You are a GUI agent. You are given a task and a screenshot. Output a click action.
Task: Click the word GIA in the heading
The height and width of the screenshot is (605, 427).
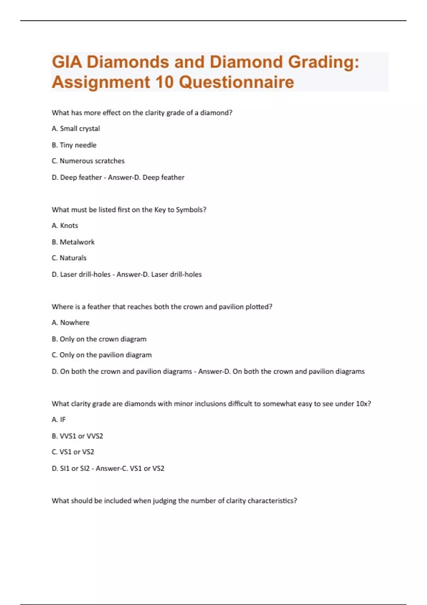[67, 62]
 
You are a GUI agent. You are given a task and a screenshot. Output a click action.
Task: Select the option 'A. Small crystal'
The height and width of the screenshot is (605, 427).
[76, 128]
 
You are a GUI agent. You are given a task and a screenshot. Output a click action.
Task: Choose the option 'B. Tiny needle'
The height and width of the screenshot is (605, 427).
[74, 145]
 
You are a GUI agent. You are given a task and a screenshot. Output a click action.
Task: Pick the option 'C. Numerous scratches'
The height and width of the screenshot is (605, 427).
[88, 161]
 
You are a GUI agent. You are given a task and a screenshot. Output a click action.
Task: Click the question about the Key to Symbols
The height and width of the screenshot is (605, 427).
[129, 210]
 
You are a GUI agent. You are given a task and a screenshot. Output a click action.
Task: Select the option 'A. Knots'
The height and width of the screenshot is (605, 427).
[65, 226]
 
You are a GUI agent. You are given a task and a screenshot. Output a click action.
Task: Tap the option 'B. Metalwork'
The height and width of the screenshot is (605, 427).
[73, 242]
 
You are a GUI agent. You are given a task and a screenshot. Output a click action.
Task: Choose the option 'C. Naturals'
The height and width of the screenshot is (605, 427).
[69, 258]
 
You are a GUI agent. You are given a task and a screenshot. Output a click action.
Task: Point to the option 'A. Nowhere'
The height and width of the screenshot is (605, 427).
[70, 322]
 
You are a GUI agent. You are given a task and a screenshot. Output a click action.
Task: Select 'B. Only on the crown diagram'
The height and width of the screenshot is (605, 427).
[99, 339]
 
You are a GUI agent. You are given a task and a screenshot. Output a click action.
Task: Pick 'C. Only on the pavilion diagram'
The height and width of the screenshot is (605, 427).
[101, 355]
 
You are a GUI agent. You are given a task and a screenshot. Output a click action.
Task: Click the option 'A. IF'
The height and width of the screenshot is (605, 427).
[59, 420]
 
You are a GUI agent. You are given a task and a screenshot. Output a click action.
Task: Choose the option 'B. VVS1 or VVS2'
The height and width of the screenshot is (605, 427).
[77, 436]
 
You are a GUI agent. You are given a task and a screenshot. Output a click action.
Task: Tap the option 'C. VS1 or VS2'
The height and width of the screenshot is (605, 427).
[73, 452]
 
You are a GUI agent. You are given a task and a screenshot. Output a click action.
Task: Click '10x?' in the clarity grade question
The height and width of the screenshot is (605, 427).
[363, 404]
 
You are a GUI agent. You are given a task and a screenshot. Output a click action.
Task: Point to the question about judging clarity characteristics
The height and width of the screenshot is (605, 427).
[174, 501]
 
